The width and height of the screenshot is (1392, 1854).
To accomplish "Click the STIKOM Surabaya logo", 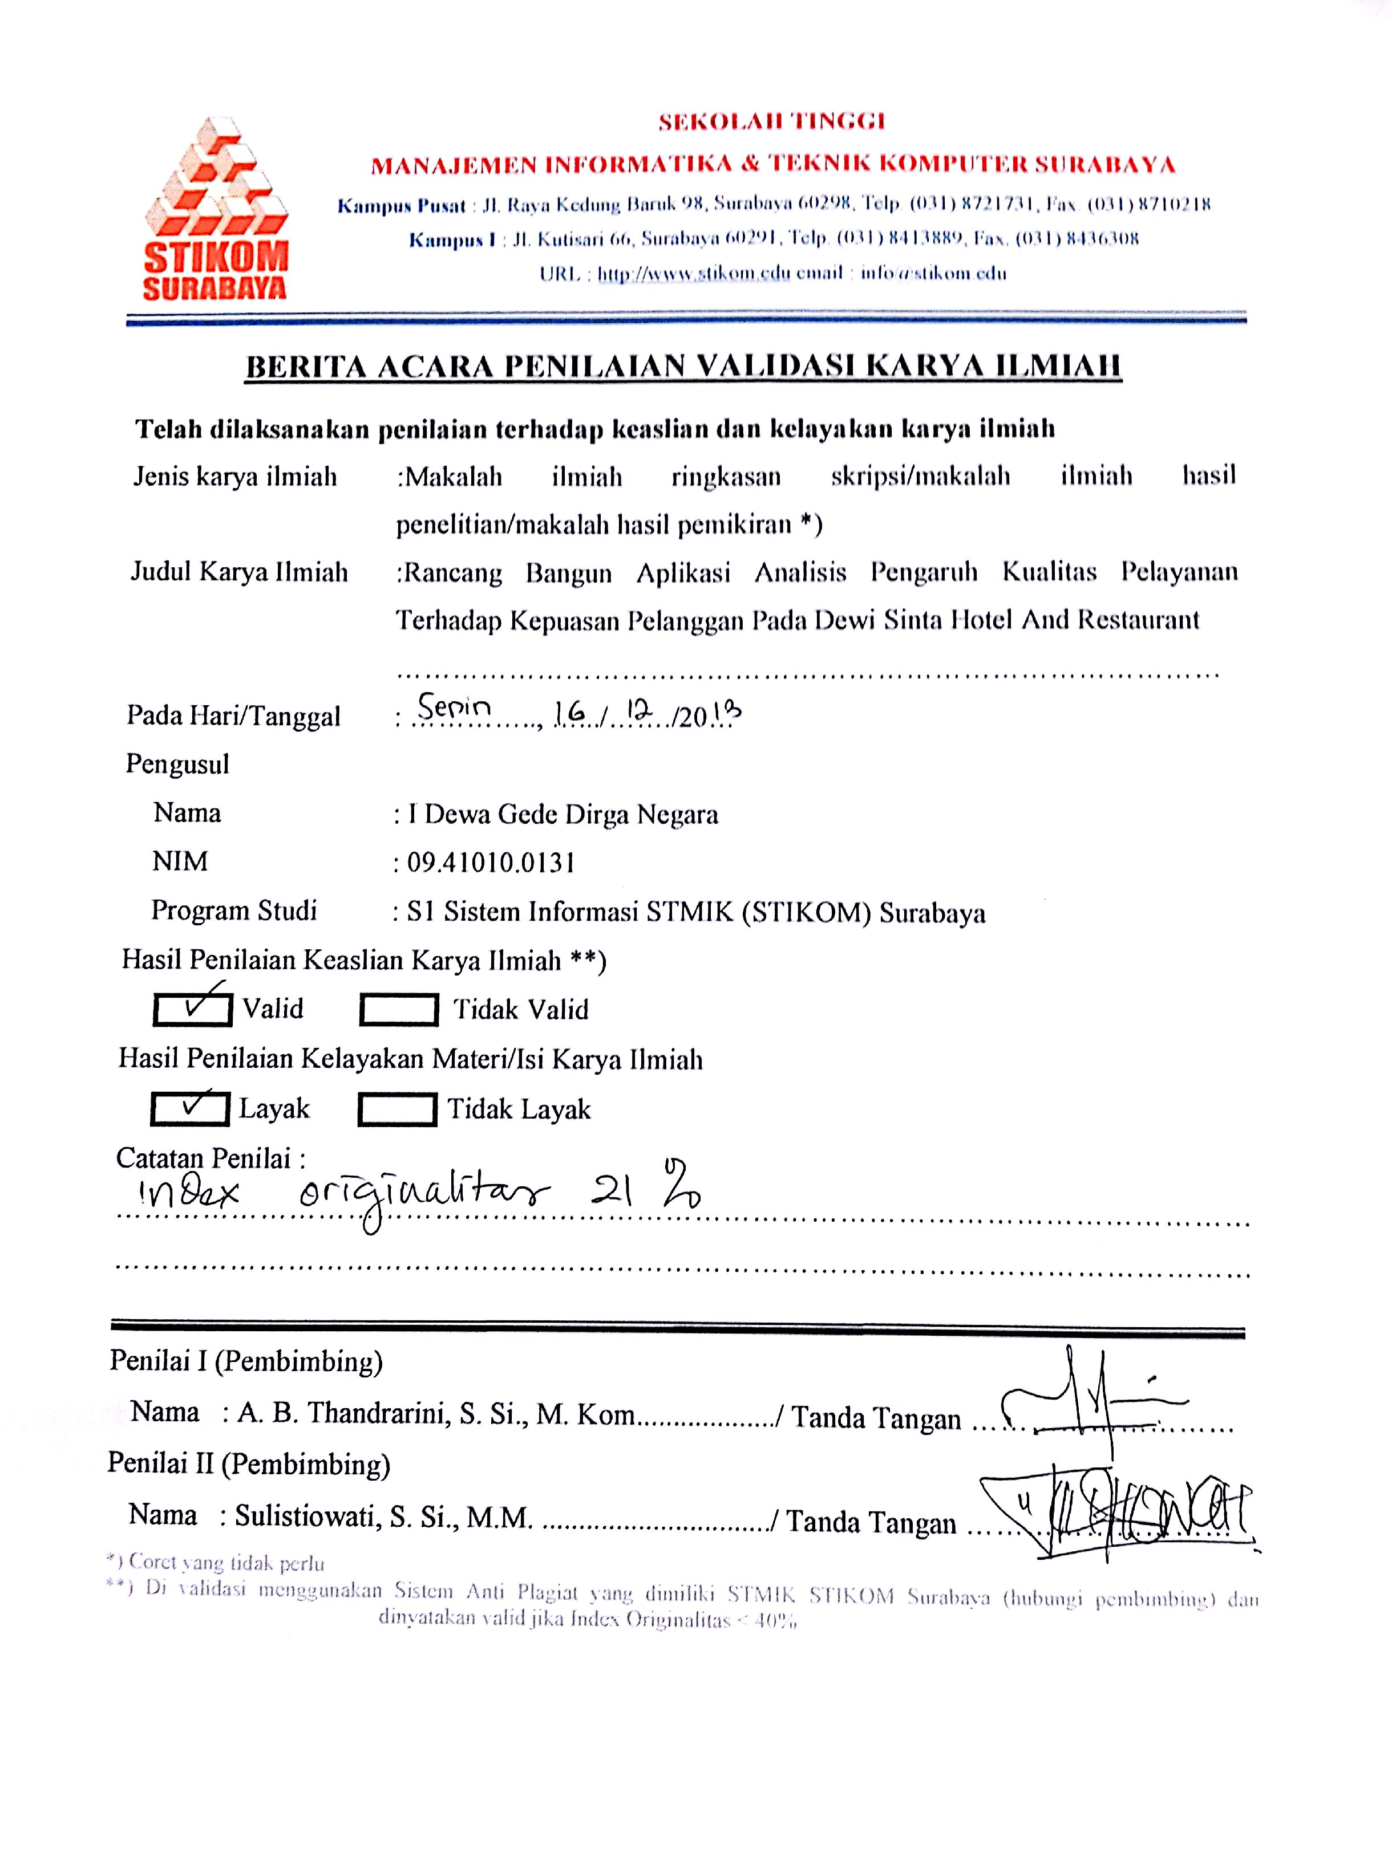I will click(x=216, y=210).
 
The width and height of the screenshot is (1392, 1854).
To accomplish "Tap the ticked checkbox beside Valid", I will click(x=193, y=1009).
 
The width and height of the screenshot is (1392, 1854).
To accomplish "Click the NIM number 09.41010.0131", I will click(x=491, y=863).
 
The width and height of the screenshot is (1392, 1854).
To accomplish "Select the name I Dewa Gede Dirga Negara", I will click(x=563, y=815).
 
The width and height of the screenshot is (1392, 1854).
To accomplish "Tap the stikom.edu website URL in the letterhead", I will click(x=694, y=273).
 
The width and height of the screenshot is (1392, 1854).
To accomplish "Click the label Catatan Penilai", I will click(x=209, y=1158).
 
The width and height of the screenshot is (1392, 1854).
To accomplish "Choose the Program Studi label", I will click(x=234, y=910).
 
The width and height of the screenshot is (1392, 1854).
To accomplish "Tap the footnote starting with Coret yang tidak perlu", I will click(x=216, y=1562).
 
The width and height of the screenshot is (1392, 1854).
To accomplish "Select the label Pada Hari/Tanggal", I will click(x=233, y=716).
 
